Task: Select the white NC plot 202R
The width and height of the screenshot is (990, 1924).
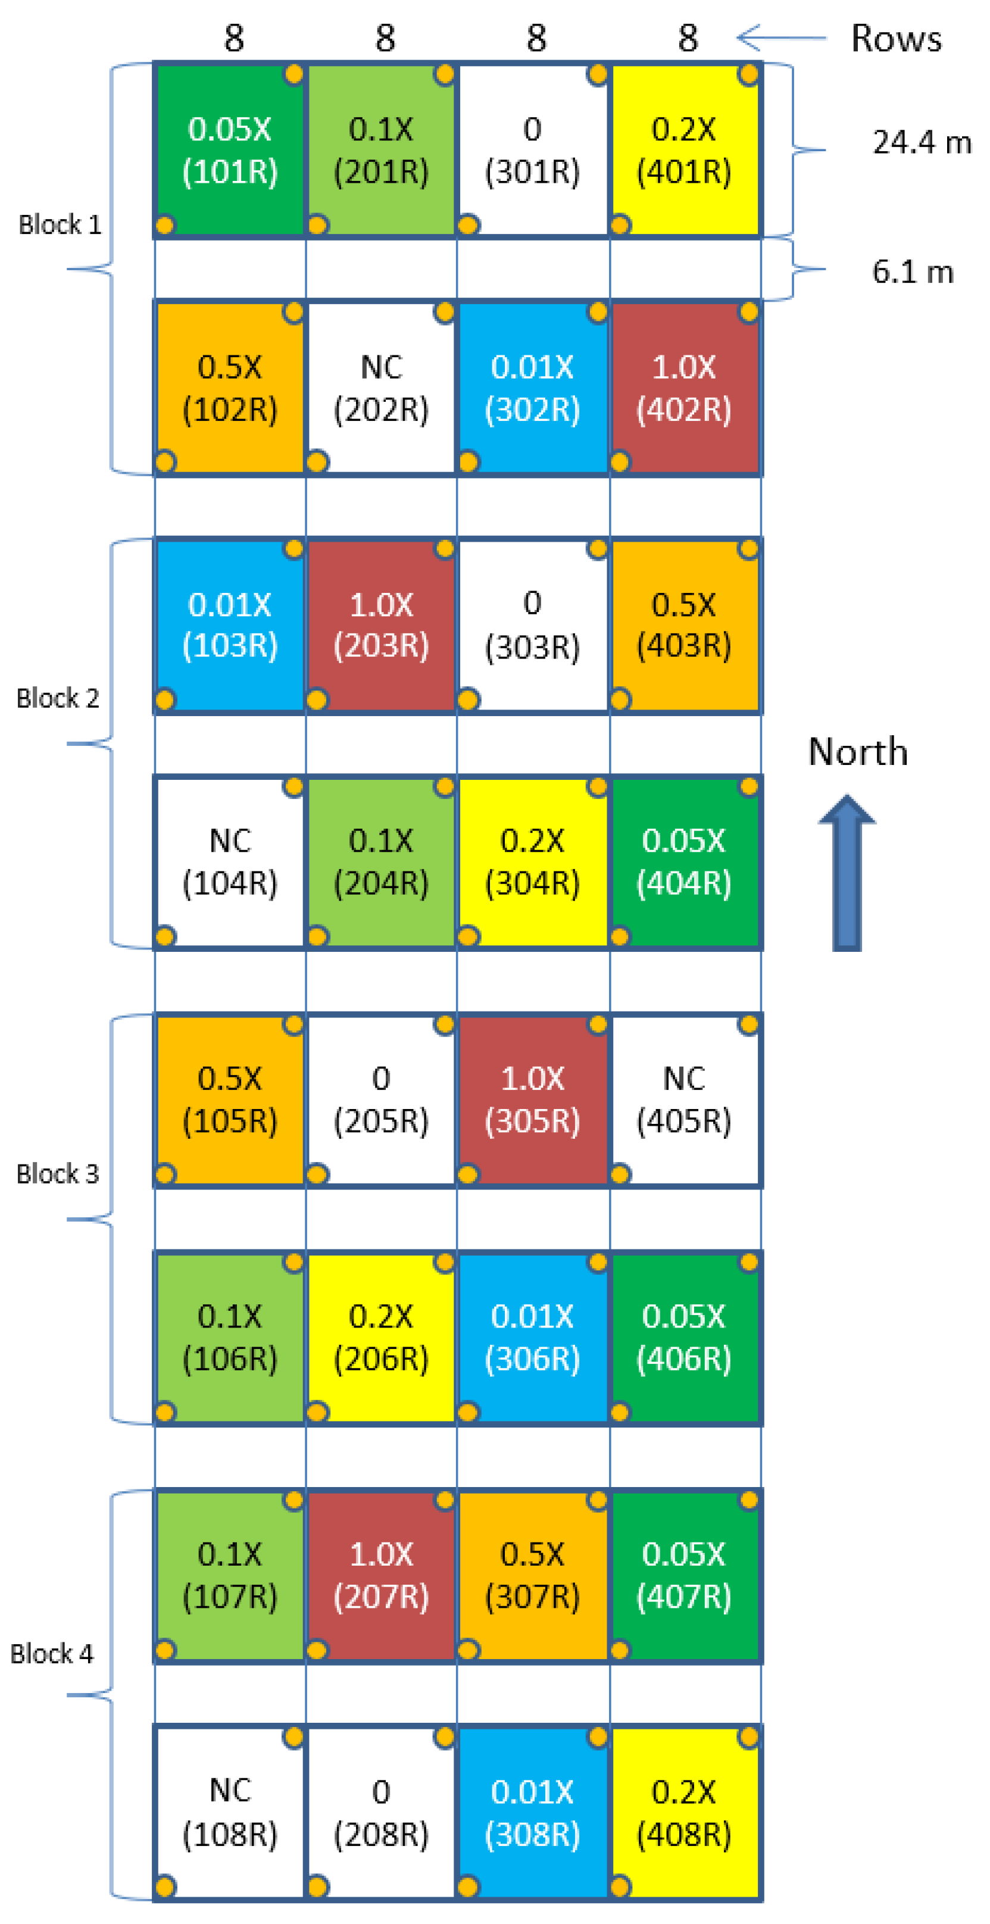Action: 381,388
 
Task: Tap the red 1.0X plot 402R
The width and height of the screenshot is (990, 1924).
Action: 683,388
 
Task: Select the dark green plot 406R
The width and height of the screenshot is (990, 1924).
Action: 683,1336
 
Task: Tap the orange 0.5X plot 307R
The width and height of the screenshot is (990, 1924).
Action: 532,1575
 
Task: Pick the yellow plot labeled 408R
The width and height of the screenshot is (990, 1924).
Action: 683,1812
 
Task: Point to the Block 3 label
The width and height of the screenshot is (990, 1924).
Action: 58,1173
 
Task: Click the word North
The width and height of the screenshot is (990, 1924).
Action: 858,751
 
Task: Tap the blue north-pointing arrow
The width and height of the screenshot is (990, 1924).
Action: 847,874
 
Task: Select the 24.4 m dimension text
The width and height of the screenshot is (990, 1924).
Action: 922,142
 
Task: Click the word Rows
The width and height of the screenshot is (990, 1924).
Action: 896,38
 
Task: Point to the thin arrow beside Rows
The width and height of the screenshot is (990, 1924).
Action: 781,38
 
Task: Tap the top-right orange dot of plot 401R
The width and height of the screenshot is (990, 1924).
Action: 748,74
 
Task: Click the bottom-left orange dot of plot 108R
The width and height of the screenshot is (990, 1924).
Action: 165,1886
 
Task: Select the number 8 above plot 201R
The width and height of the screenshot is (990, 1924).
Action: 385,38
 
